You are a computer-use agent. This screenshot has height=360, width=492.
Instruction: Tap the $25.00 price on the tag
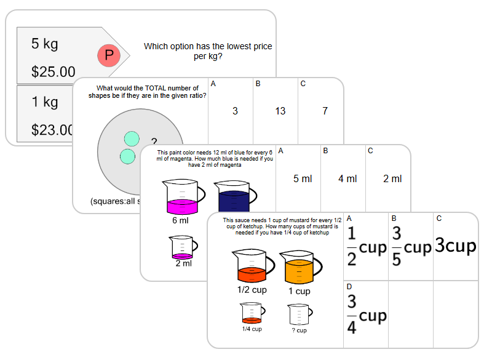click(53, 72)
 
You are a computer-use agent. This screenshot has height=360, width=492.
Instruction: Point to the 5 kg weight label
click(44, 44)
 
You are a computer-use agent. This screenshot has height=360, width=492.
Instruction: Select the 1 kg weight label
click(44, 102)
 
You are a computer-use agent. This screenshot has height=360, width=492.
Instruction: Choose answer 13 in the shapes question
click(280, 111)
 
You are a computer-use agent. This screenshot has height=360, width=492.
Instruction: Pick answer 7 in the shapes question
click(325, 111)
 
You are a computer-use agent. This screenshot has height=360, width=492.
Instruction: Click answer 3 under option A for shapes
click(235, 111)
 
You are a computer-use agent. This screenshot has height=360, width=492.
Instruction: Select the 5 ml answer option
click(303, 178)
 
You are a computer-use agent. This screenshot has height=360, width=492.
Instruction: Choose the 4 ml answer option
click(347, 178)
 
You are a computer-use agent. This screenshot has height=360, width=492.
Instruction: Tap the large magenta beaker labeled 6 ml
click(180, 197)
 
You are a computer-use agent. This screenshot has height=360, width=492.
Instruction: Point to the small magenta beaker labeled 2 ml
click(183, 247)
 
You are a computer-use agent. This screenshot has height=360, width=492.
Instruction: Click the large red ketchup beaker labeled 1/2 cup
click(250, 268)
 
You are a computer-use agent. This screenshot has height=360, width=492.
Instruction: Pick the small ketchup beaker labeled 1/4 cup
click(252, 314)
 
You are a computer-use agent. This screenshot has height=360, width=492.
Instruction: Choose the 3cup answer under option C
click(455, 246)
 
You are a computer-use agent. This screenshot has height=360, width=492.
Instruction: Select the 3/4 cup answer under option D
click(367, 314)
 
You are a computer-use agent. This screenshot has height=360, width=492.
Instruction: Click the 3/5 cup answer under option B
click(411, 247)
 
